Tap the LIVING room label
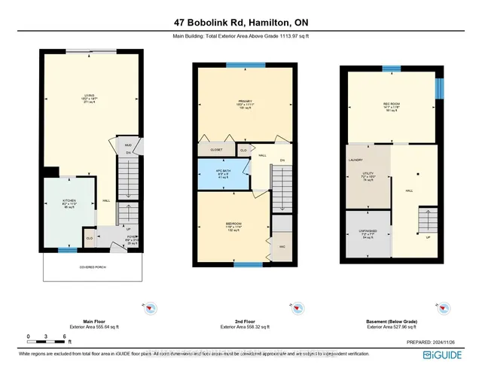(x=91, y=96)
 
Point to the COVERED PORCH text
(x=91, y=266)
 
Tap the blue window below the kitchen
(x=67, y=249)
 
